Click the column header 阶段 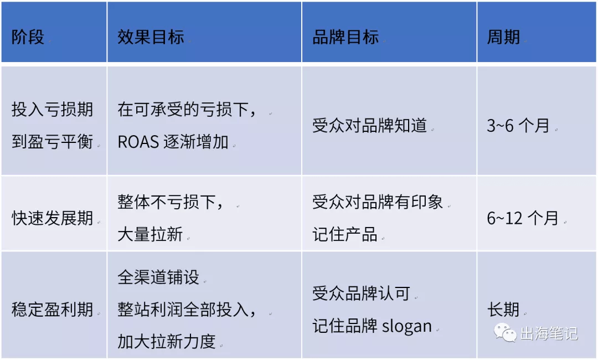(28, 37)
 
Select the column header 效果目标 (151, 37)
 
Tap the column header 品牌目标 (346, 37)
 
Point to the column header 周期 (503, 37)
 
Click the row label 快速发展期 (53, 218)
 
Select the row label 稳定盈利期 (53, 309)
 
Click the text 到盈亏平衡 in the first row (53, 141)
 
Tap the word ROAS (138, 142)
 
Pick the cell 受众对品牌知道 (369, 126)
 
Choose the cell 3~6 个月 (518, 126)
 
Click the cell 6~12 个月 (523, 218)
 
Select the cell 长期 (503, 309)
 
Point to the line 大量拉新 (150, 234)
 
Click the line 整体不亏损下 (170, 202)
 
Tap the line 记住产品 (345, 234)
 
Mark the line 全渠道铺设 (159, 277)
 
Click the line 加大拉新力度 (167, 341)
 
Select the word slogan (407, 326)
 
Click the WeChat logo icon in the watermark (506, 332)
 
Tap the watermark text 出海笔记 (549, 333)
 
